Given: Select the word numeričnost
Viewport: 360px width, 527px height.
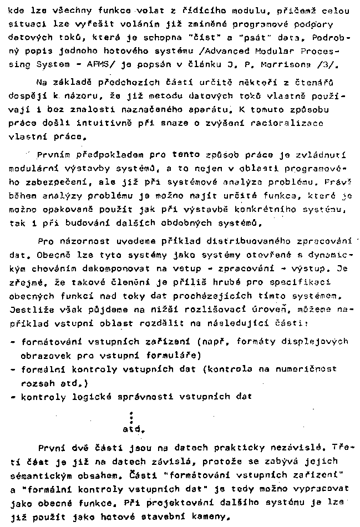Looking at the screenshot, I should point(309,368).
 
